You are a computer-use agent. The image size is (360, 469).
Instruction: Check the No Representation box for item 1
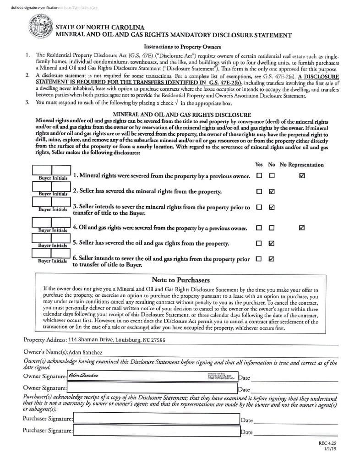(x=301, y=175)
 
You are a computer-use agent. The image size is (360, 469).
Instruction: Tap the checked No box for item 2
(x=272, y=191)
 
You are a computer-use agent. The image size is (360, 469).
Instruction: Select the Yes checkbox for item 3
(x=259, y=207)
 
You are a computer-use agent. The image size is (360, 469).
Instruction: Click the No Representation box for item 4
(x=301, y=227)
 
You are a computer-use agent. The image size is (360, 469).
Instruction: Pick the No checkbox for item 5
(x=272, y=243)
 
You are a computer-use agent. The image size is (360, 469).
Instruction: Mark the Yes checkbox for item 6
(x=259, y=258)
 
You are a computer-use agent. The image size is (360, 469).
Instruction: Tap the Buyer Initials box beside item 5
(x=51, y=239)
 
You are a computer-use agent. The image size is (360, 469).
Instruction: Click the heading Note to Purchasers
(x=180, y=280)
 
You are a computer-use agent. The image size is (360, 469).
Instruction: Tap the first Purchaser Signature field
(x=156, y=419)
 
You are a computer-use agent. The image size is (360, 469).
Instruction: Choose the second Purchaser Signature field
(x=156, y=431)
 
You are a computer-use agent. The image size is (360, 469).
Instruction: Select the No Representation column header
(x=301, y=164)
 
